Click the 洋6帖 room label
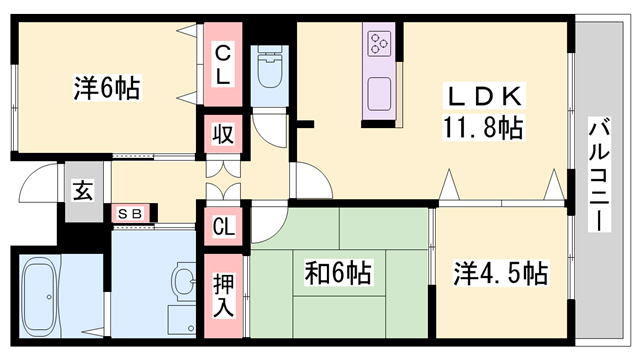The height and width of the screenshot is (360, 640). click(x=106, y=89)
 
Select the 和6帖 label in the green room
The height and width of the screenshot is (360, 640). click(x=338, y=271)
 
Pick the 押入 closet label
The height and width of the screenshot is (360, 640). click(x=224, y=289)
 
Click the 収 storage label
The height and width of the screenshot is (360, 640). click(x=222, y=133)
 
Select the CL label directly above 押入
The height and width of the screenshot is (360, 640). click(x=223, y=226)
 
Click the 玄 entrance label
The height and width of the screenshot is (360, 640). click(x=82, y=190)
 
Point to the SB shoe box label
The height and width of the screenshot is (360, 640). click(x=130, y=213)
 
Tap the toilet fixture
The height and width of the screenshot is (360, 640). click(x=269, y=70)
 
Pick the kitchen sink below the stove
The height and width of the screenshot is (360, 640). click(x=380, y=95)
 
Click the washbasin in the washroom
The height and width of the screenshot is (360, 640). click(x=184, y=281)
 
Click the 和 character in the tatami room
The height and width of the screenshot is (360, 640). click(x=317, y=271)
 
